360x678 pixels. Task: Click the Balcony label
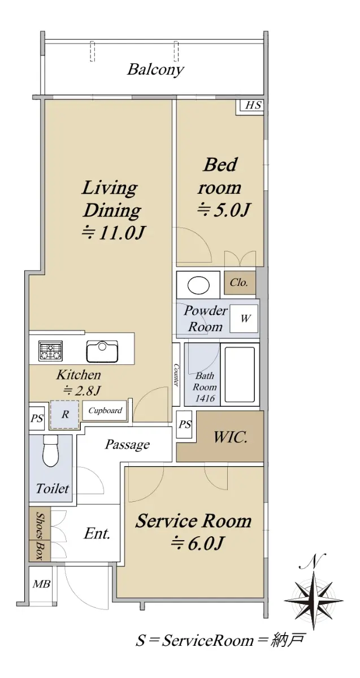155,69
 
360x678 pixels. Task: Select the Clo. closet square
240,282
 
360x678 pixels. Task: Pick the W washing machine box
244,319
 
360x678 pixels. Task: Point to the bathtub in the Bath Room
240,375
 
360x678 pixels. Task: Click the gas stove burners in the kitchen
50,351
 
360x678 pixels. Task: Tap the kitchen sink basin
102,351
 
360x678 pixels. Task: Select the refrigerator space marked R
65,415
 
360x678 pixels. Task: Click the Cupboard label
105,411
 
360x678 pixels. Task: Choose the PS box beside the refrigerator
37,418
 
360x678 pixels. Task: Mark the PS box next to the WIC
185,424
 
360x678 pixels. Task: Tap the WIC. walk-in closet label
231,437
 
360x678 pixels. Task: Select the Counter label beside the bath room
176,375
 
